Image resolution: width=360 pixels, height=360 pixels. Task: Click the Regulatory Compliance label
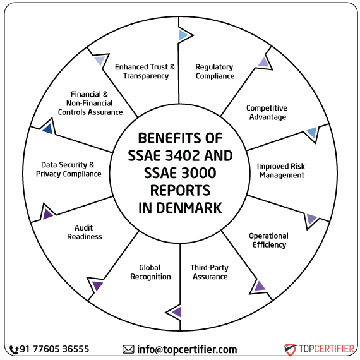(x=214, y=71)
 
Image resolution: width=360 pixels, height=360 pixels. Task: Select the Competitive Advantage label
(x=267, y=112)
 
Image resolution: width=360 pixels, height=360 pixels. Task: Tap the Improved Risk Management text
(x=281, y=171)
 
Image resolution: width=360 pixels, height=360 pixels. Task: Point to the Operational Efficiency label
(x=268, y=240)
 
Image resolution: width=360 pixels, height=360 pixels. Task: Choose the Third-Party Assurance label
(x=210, y=272)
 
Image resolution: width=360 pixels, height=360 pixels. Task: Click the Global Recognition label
(x=150, y=272)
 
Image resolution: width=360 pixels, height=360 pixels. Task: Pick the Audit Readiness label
(x=88, y=232)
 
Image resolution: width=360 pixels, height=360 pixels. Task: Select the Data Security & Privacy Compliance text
(x=68, y=169)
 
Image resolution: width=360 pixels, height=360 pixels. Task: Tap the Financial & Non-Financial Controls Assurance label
(x=90, y=103)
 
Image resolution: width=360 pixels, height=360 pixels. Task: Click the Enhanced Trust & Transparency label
(x=145, y=71)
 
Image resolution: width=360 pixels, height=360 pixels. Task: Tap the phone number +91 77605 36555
(x=54, y=349)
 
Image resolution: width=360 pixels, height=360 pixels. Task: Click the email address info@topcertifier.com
(x=187, y=349)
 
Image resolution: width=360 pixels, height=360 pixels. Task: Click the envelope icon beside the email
(x=128, y=349)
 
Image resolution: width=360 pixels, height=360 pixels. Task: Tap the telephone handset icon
(x=14, y=349)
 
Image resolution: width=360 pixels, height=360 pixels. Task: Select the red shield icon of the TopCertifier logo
(x=290, y=349)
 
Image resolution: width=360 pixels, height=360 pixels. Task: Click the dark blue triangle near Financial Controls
(x=46, y=129)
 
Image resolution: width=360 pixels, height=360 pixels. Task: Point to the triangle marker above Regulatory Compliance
(x=183, y=35)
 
